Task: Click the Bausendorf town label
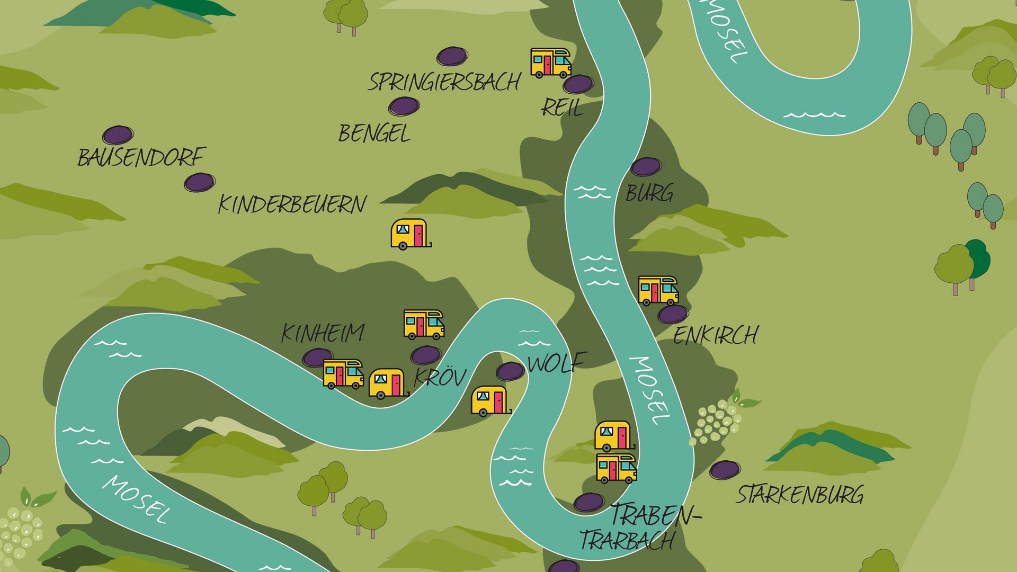141,157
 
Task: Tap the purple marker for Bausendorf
118,135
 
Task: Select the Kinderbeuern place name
292,204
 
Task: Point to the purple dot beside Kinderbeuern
199,183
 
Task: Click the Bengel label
374,133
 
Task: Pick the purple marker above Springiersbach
452,56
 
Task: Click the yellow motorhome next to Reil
551,62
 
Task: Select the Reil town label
562,108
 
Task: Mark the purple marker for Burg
646,167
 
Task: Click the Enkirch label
716,335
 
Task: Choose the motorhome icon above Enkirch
658,290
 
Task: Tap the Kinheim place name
323,333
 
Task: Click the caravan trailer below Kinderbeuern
409,234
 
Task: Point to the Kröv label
440,377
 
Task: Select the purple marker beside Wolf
510,371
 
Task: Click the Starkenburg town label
800,495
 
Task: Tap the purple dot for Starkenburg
725,470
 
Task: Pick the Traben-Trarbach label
641,527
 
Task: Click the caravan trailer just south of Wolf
490,400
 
